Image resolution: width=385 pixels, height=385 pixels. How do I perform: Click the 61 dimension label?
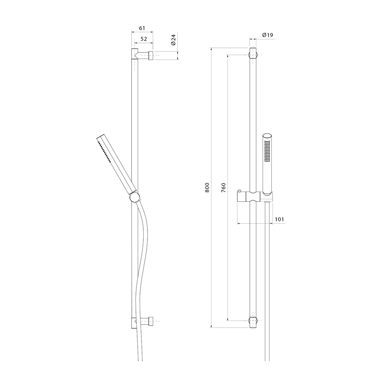click(142, 28)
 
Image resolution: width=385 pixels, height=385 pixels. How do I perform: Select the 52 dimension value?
click(144, 39)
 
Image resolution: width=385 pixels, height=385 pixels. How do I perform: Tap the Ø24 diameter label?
click(173, 40)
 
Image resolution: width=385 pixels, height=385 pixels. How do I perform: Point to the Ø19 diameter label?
click(268, 35)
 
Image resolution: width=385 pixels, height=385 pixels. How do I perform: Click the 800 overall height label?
click(207, 187)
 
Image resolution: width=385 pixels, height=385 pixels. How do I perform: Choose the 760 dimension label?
click(223, 187)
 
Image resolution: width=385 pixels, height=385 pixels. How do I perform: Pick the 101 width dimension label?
click(279, 219)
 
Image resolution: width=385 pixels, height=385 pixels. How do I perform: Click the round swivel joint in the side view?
click(135, 197)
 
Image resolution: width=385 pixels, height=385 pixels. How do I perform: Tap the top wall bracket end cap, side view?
click(151, 56)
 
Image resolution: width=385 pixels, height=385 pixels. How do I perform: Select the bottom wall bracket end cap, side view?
click(151, 321)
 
